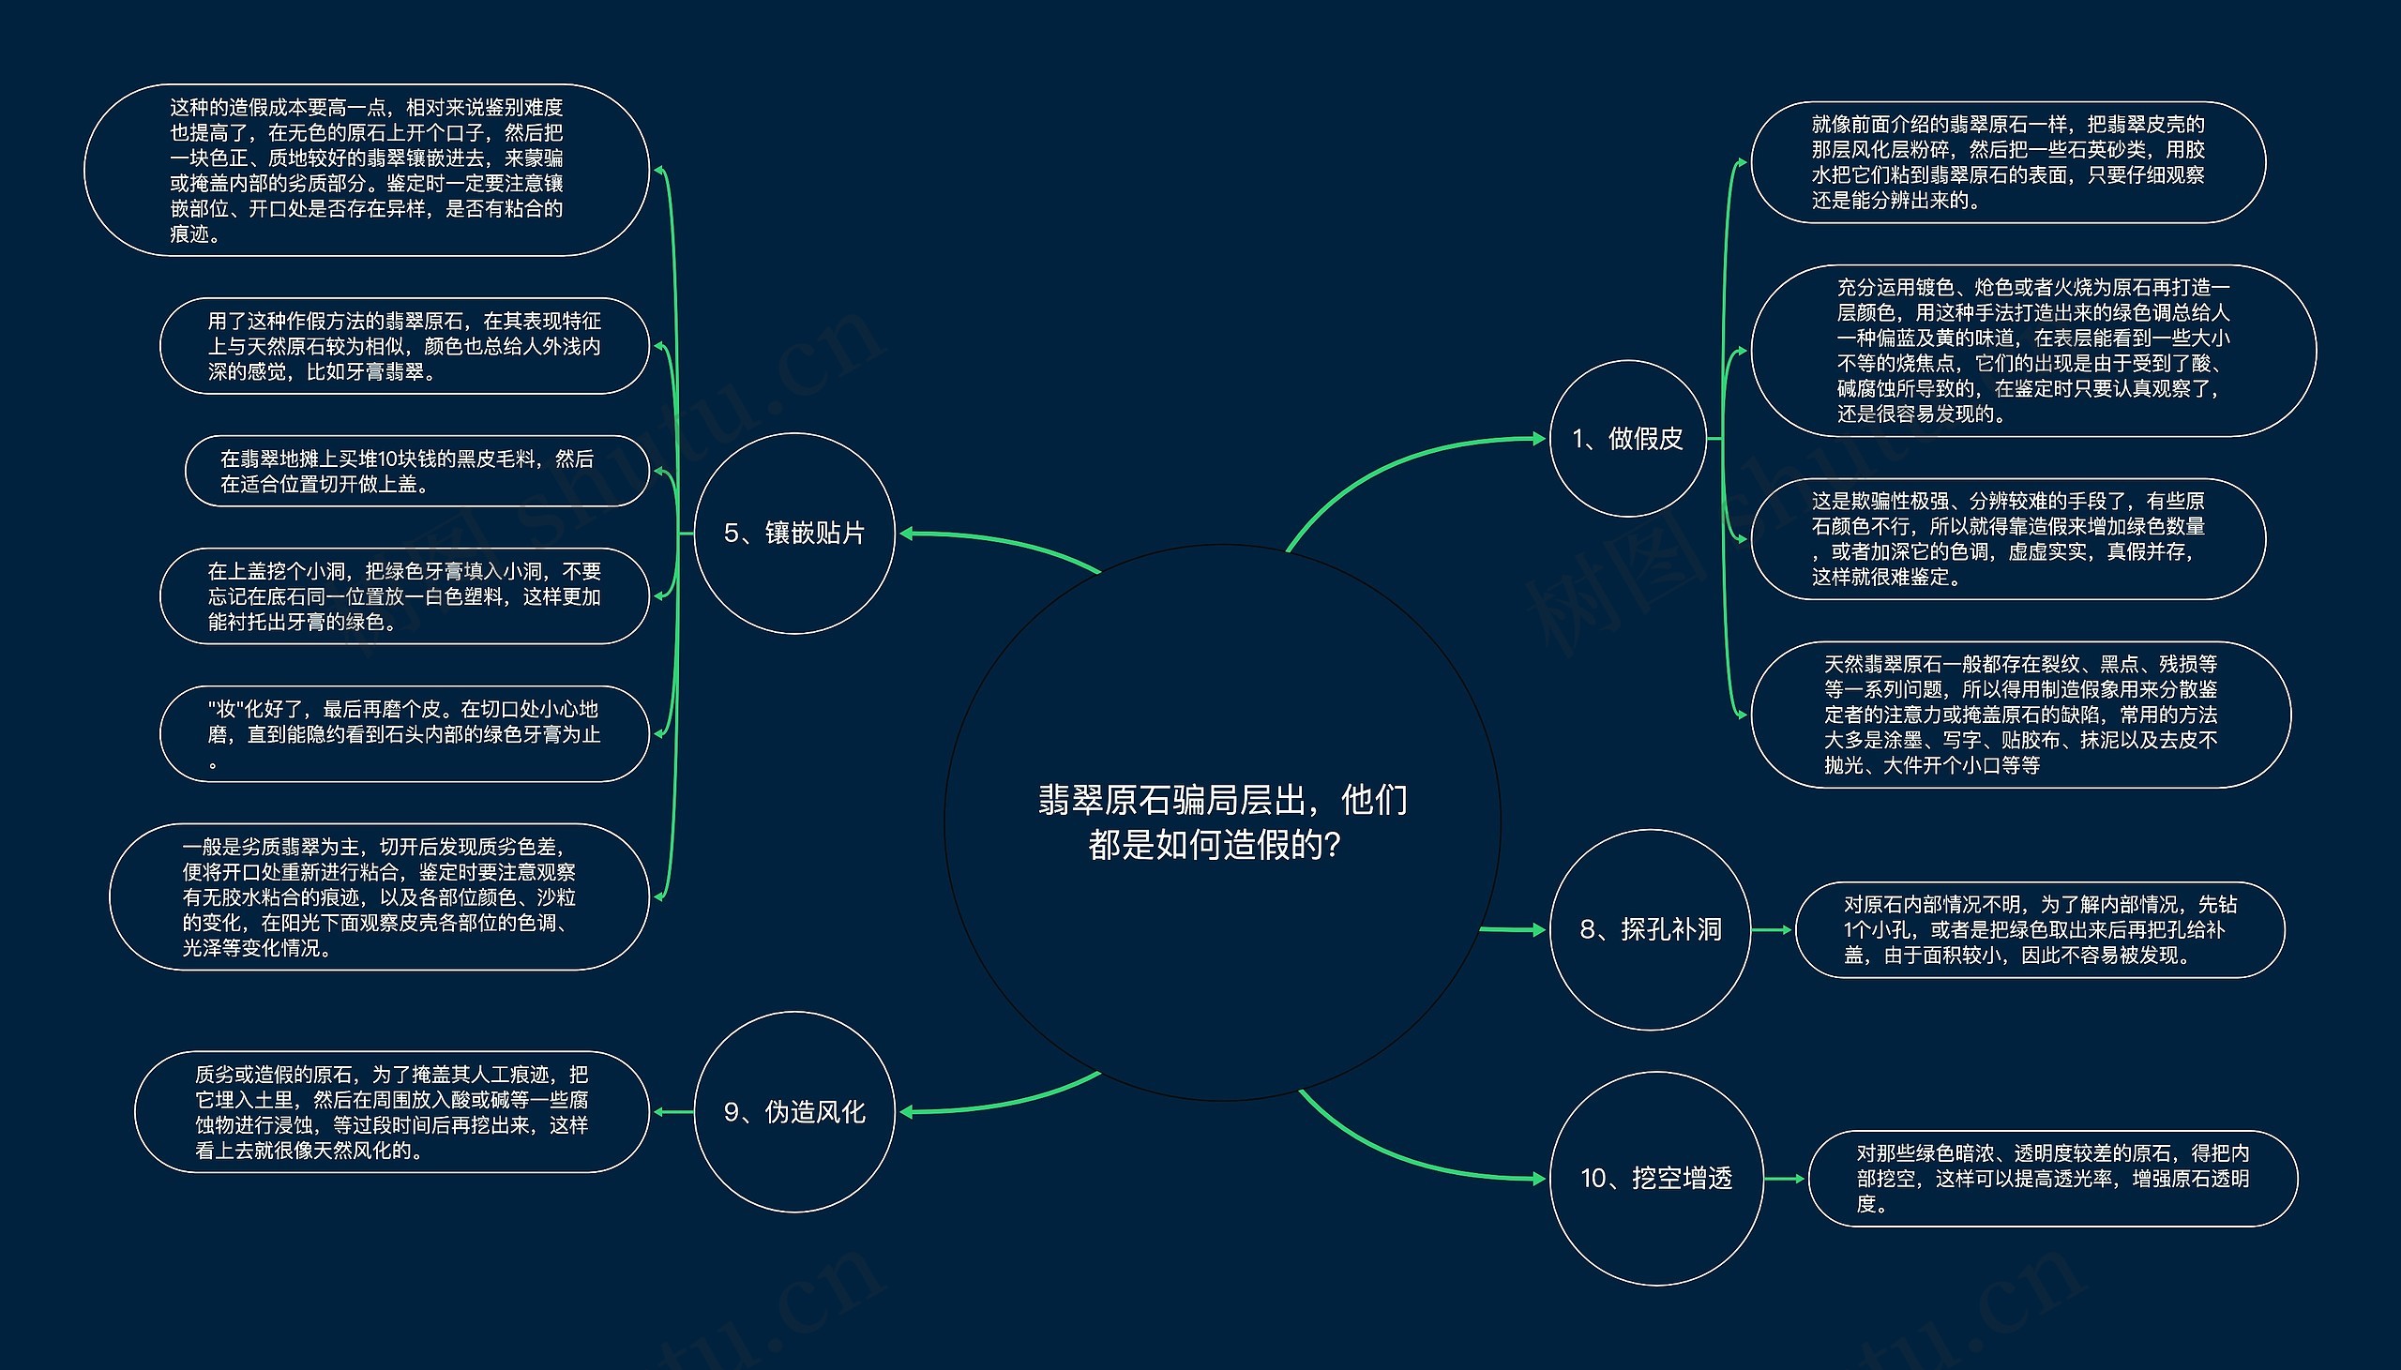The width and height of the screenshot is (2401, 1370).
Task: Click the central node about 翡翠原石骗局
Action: [1222, 821]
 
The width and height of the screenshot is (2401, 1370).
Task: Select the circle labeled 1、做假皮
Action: [1627, 439]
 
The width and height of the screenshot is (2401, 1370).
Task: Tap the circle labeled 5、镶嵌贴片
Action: [794, 534]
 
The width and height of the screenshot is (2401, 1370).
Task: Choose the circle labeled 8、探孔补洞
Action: [1650, 929]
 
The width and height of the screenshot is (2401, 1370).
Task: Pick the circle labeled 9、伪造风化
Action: [794, 1111]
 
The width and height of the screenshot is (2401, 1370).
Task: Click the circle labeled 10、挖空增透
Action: [1656, 1178]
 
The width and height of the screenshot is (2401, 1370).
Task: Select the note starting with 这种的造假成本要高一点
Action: [367, 171]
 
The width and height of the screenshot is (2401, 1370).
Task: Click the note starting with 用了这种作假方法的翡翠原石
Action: [404, 346]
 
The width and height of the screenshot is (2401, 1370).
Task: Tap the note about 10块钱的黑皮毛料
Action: [416, 472]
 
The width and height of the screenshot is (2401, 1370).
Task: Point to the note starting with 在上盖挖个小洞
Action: [404, 596]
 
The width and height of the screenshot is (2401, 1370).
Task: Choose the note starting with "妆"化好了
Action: [404, 734]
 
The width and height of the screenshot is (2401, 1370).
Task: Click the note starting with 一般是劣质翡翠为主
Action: [379, 896]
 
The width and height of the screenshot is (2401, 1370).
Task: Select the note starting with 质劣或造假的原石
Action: [391, 1111]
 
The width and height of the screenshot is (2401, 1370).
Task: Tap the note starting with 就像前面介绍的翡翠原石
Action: [2008, 162]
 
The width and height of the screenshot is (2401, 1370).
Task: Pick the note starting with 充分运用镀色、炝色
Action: [2033, 350]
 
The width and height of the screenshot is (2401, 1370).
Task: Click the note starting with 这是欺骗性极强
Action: [2008, 538]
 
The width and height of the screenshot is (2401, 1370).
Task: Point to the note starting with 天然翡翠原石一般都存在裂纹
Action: [2021, 715]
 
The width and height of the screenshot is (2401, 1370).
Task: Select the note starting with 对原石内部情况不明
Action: [2040, 929]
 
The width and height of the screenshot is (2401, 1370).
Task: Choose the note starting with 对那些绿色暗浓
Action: [2053, 1178]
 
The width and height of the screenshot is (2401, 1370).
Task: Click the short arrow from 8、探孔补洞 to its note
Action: [1773, 929]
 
